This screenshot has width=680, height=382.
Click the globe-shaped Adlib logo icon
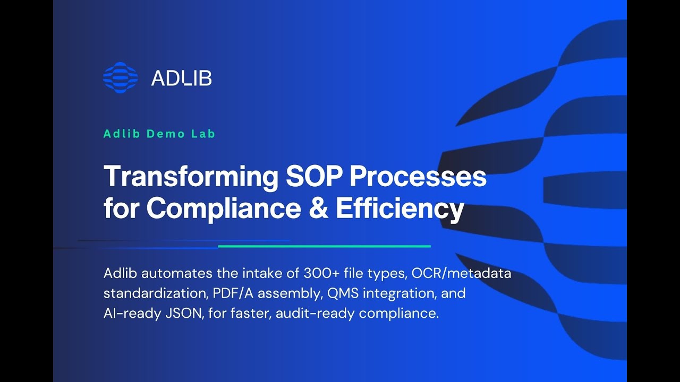(120, 78)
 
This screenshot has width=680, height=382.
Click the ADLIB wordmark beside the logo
(181, 79)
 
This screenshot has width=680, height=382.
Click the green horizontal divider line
(324, 246)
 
